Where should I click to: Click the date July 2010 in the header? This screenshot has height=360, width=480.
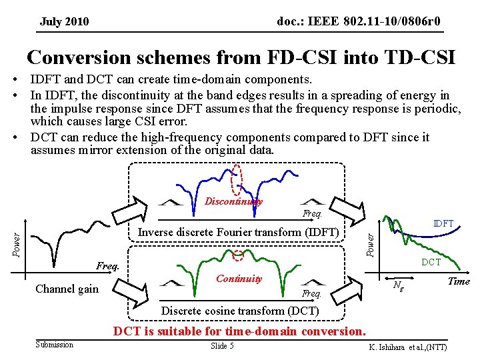[64, 22]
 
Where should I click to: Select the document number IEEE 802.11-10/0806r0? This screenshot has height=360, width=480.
[358, 22]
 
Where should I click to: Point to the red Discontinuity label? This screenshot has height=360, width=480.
[233, 201]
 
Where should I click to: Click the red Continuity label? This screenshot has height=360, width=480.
[239, 279]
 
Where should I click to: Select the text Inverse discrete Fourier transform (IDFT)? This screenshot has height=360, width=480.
[238, 232]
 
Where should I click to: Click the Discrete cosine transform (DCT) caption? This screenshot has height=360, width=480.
[241, 311]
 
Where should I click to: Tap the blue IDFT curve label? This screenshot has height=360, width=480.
[443, 224]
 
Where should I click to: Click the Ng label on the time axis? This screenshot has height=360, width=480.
[398, 286]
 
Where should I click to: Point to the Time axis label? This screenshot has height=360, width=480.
[458, 281]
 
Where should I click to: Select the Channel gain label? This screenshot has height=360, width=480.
[67, 289]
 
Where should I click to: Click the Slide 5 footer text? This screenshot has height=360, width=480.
[222, 345]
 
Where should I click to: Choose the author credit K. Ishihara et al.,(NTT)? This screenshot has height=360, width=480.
[407, 347]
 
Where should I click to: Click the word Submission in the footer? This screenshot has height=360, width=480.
[55, 345]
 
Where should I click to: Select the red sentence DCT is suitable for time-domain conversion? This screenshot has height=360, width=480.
[239, 331]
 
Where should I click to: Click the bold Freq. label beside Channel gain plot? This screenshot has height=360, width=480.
[107, 266]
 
